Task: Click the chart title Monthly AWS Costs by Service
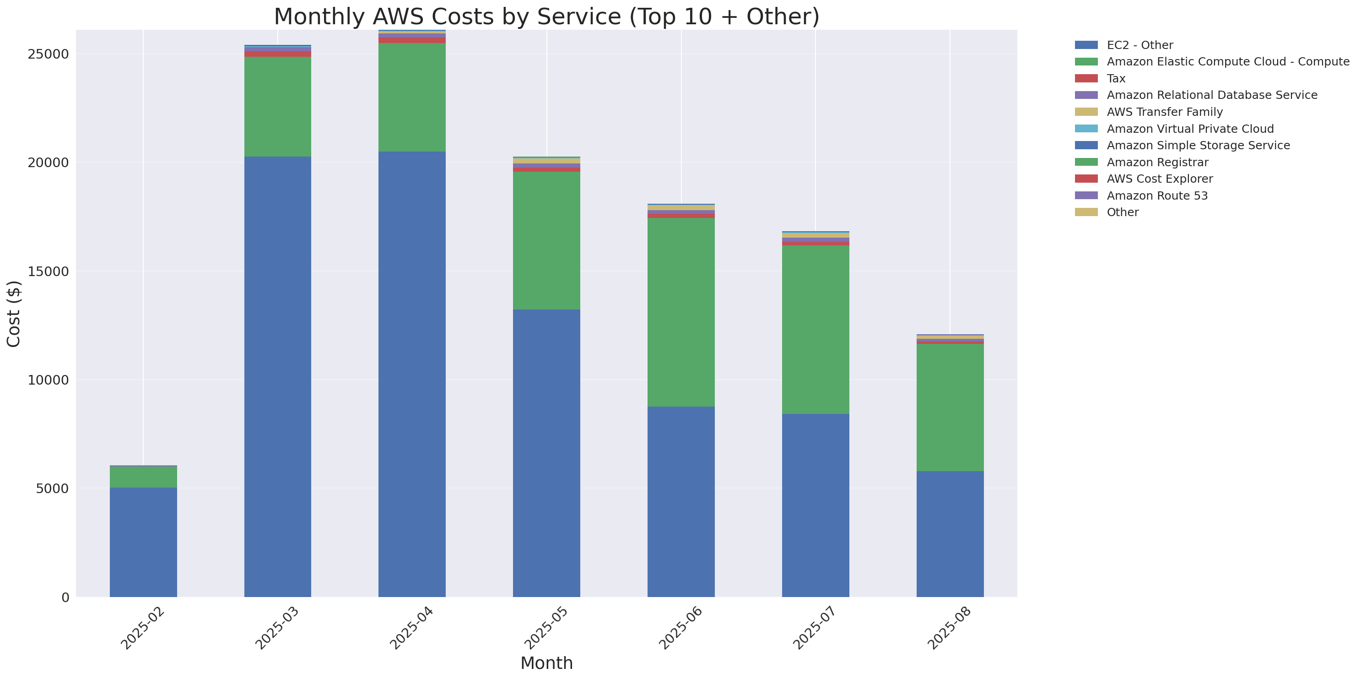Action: point(546,17)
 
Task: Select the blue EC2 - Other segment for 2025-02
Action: point(143,542)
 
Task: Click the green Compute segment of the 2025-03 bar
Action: point(277,107)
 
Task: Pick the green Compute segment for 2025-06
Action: point(680,312)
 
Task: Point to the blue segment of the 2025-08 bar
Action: point(950,534)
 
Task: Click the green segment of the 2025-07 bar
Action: point(815,330)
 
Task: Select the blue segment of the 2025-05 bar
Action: point(546,453)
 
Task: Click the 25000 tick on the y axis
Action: point(48,54)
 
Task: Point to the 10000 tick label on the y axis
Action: point(48,380)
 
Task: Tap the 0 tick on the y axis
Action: point(65,598)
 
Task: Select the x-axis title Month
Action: point(546,663)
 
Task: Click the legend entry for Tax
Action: point(1116,79)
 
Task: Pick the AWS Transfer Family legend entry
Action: point(1165,112)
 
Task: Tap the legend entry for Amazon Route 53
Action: point(1157,196)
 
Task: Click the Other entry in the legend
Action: point(1122,212)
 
